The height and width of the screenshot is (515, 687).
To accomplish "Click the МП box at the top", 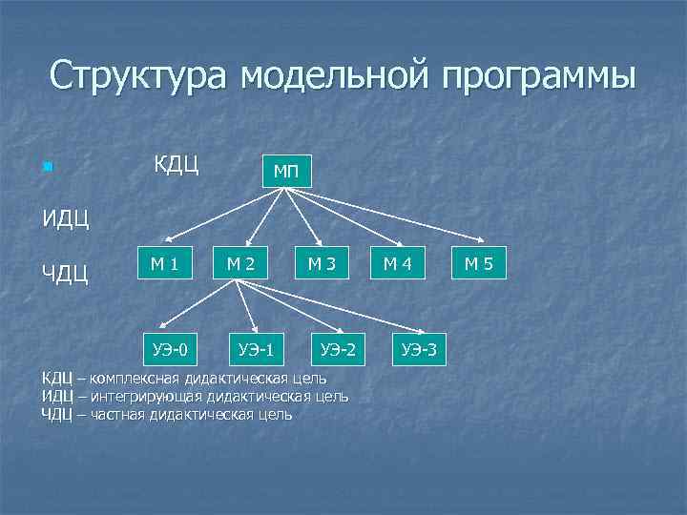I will pyautogui.click(x=286, y=172).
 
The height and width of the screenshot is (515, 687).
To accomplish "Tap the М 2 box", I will pyautogui.click(x=239, y=263).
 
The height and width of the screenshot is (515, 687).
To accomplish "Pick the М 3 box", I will pyautogui.click(x=321, y=263).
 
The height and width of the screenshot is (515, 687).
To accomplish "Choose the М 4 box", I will pyautogui.click(x=397, y=263).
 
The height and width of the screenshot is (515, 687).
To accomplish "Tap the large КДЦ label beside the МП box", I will pyautogui.click(x=177, y=164).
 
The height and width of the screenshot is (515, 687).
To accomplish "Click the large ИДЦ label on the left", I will pyautogui.click(x=65, y=221).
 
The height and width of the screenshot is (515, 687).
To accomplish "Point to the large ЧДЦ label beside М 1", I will pyautogui.click(x=65, y=276).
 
